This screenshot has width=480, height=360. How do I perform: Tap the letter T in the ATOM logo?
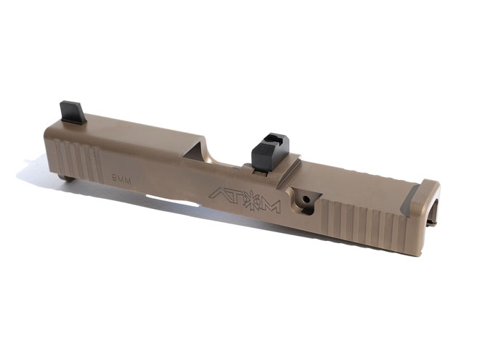(235, 197)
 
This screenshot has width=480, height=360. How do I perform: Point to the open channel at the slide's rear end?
(434, 210)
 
